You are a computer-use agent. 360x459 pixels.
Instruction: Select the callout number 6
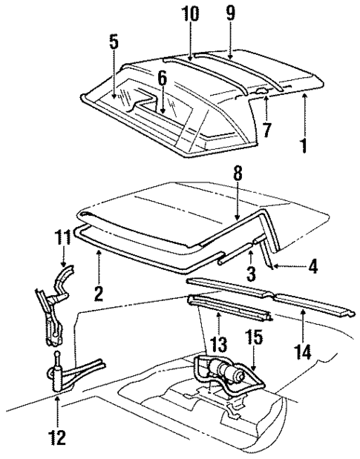coord(162,77)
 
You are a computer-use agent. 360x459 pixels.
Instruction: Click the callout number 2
coord(98,293)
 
